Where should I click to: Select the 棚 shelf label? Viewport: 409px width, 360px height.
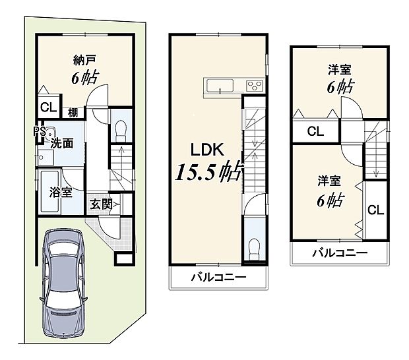73,113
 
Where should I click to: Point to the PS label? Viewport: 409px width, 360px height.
40,131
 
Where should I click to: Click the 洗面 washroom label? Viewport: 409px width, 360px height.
62,142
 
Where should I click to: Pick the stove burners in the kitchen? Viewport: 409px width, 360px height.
254,86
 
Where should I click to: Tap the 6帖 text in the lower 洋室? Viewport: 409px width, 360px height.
330,200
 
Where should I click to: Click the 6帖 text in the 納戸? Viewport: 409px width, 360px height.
84,77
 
